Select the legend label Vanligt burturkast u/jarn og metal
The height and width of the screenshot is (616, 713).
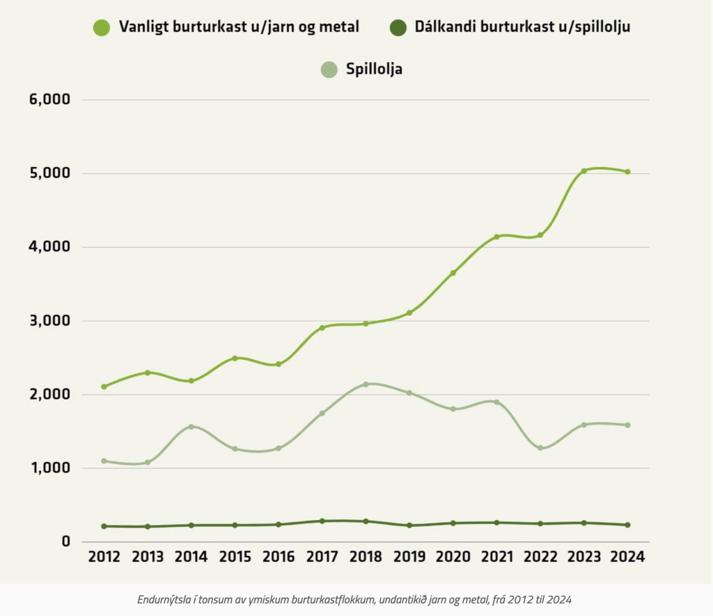pyautogui.click(x=239, y=27)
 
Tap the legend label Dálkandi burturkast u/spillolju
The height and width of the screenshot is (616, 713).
pyautogui.click(x=522, y=27)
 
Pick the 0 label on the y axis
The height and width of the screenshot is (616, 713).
pyautogui.click(x=66, y=542)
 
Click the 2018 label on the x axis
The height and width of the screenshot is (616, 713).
pyautogui.click(x=366, y=557)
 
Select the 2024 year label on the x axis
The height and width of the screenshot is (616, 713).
pyautogui.click(x=627, y=557)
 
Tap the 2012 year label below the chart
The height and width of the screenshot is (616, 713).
pyautogui.click(x=104, y=557)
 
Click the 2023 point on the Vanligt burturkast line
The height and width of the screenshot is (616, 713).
pyautogui.click(x=583, y=171)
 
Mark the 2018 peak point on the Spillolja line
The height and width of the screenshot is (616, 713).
pyautogui.click(x=366, y=384)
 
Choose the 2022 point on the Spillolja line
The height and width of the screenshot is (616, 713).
pyautogui.click(x=540, y=448)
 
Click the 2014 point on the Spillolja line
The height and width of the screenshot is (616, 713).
pyautogui.click(x=191, y=427)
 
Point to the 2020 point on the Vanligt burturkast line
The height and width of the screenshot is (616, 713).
pyautogui.click(x=453, y=273)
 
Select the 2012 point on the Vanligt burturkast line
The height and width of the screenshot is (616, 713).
pyautogui.click(x=104, y=386)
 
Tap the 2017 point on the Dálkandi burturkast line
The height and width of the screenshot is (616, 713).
pyautogui.click(x=322, y=521)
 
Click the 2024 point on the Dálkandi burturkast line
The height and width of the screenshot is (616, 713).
pyautogui.click(x=627, y=525)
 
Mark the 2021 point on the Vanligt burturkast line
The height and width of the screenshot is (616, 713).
pyautogui.click(x=496, y=237)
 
